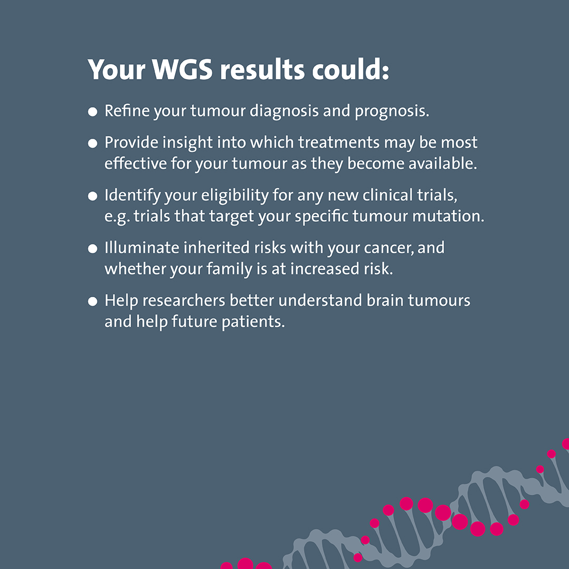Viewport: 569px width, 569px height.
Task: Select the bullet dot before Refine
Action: click(x=93, y=112)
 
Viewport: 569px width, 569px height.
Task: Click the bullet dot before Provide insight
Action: click(x=93, y=143)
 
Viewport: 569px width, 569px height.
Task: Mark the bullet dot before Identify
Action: click(x=93, y=195)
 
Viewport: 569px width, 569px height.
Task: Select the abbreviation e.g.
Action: click(x=116, y=217)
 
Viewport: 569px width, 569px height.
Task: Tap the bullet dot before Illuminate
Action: click(x=93, y=248)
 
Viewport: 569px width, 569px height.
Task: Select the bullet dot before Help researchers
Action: click(x=93, y=301)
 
